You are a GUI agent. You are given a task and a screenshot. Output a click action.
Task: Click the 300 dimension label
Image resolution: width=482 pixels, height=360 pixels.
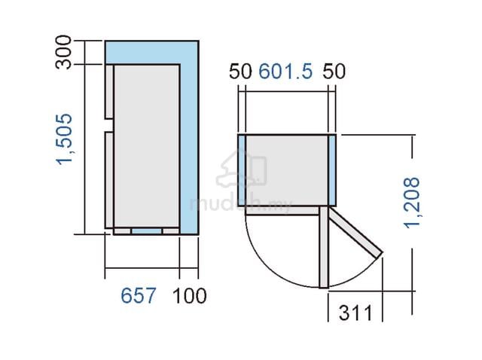click(63, 52)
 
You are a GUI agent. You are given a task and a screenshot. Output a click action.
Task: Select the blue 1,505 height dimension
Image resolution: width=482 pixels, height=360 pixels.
click(64, 139)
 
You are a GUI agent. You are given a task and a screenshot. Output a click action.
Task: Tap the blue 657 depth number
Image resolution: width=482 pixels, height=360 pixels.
click(139, 296)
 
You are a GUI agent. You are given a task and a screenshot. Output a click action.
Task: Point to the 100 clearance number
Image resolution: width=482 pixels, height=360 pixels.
click(189, 296)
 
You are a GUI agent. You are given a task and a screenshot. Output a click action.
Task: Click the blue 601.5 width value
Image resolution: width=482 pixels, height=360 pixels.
click(285, 71)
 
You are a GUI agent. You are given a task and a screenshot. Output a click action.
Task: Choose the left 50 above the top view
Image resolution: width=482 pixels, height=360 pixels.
click(240, 71)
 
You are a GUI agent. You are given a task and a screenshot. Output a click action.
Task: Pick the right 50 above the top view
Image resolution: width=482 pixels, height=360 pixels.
click(334, 71)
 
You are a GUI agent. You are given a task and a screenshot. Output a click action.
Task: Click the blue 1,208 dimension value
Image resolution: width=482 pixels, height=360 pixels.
click(411, 203)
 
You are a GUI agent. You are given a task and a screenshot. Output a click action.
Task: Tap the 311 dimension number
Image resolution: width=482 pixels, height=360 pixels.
click(355, 313)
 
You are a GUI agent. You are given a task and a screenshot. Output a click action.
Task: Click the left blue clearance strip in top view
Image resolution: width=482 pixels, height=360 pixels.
click(242, 170)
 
